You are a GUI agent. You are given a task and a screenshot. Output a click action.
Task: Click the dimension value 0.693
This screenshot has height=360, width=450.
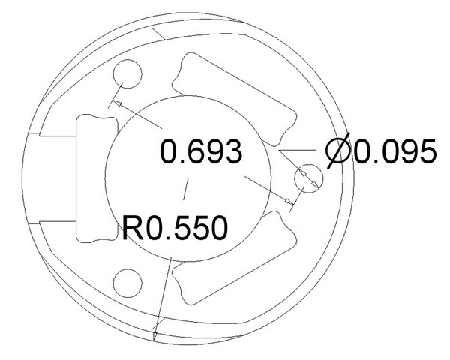pyautogui.click(x=201, y=151)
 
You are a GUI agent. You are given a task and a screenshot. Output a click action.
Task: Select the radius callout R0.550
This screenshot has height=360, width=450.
pyautogui.click(x=175, y=228)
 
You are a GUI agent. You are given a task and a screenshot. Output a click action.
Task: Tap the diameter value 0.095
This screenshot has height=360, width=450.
pyautogui.click(x=394, y=151)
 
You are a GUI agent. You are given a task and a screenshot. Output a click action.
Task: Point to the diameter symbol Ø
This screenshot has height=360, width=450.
pyautogui.click(x=338, y=151)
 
